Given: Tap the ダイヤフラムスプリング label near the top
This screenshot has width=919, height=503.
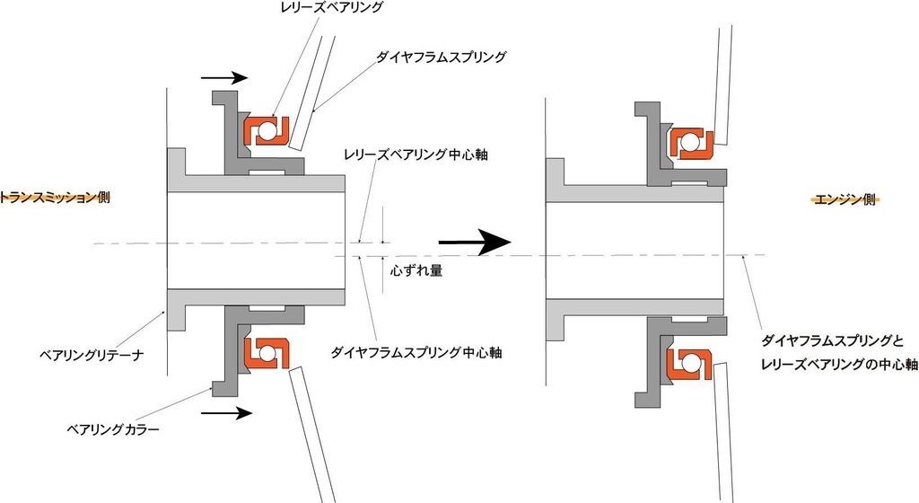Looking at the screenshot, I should tap(441, 57).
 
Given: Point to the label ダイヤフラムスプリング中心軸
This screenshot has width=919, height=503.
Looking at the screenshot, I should tap(416, 352).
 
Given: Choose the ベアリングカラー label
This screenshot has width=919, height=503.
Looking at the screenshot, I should tap(114, 429).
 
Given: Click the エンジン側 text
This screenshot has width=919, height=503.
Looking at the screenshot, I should tap(844, 200).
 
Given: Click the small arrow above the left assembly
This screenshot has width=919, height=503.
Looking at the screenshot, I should tap(223, 78).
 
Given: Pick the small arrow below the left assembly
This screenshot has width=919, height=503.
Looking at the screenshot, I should tap(225, 413).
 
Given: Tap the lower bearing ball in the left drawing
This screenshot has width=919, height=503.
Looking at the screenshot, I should tap(267, 350).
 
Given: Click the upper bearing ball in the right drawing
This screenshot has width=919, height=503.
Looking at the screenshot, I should tap(689, 143).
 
